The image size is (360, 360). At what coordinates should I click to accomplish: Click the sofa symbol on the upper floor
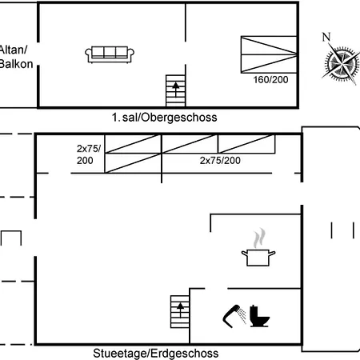[110, 54]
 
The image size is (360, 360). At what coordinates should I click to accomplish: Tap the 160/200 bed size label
[270, 80]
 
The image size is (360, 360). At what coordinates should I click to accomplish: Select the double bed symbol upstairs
[269, 54]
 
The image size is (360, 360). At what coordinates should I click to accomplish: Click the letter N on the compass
[326, 37]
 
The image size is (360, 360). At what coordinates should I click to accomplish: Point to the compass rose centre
[342, 64]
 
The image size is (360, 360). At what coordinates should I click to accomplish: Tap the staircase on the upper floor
[175, 90]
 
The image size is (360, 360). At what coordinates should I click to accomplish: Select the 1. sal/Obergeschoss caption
[164, 118]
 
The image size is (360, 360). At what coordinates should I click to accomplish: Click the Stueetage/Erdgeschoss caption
[156, 354]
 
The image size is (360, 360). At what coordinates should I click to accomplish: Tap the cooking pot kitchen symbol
[258, 258]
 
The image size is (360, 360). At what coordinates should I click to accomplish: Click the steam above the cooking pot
[259, 238]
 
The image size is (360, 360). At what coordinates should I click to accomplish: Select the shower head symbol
[234, 316]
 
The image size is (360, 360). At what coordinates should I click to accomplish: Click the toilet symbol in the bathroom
[259, 316]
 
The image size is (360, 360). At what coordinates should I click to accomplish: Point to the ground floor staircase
[180, 311]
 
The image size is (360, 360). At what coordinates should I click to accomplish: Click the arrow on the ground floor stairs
[181, 310]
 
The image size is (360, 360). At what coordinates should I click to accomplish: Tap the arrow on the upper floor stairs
[175, 89]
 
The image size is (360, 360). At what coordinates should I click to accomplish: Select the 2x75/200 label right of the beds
[220, 161]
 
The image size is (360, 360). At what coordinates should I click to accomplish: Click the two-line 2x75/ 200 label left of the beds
[89, 154]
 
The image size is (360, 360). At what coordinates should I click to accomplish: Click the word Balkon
[16, 64]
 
